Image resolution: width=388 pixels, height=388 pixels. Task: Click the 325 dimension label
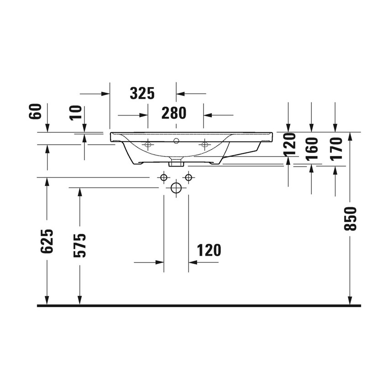(142, 94)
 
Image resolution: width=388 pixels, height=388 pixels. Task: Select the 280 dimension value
(173, 113)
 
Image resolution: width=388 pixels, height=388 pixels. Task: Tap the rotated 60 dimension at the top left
(37, 111)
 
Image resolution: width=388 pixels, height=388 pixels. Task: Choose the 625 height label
(47, 241)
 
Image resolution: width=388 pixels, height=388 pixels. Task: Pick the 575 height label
(80, 245)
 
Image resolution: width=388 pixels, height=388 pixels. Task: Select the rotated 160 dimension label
(312, 148)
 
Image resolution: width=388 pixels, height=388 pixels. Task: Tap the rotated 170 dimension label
(336, 148)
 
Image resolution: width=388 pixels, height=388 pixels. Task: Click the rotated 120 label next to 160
(288, 145)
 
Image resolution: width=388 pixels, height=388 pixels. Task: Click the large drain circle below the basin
(176, 188)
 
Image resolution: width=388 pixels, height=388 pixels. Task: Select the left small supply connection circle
(163, 177)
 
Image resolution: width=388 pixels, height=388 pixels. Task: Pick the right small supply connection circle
(188, 177)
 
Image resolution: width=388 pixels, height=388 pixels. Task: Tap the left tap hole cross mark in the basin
(147, 145)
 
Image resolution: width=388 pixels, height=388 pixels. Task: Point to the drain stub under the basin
(176, 162)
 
